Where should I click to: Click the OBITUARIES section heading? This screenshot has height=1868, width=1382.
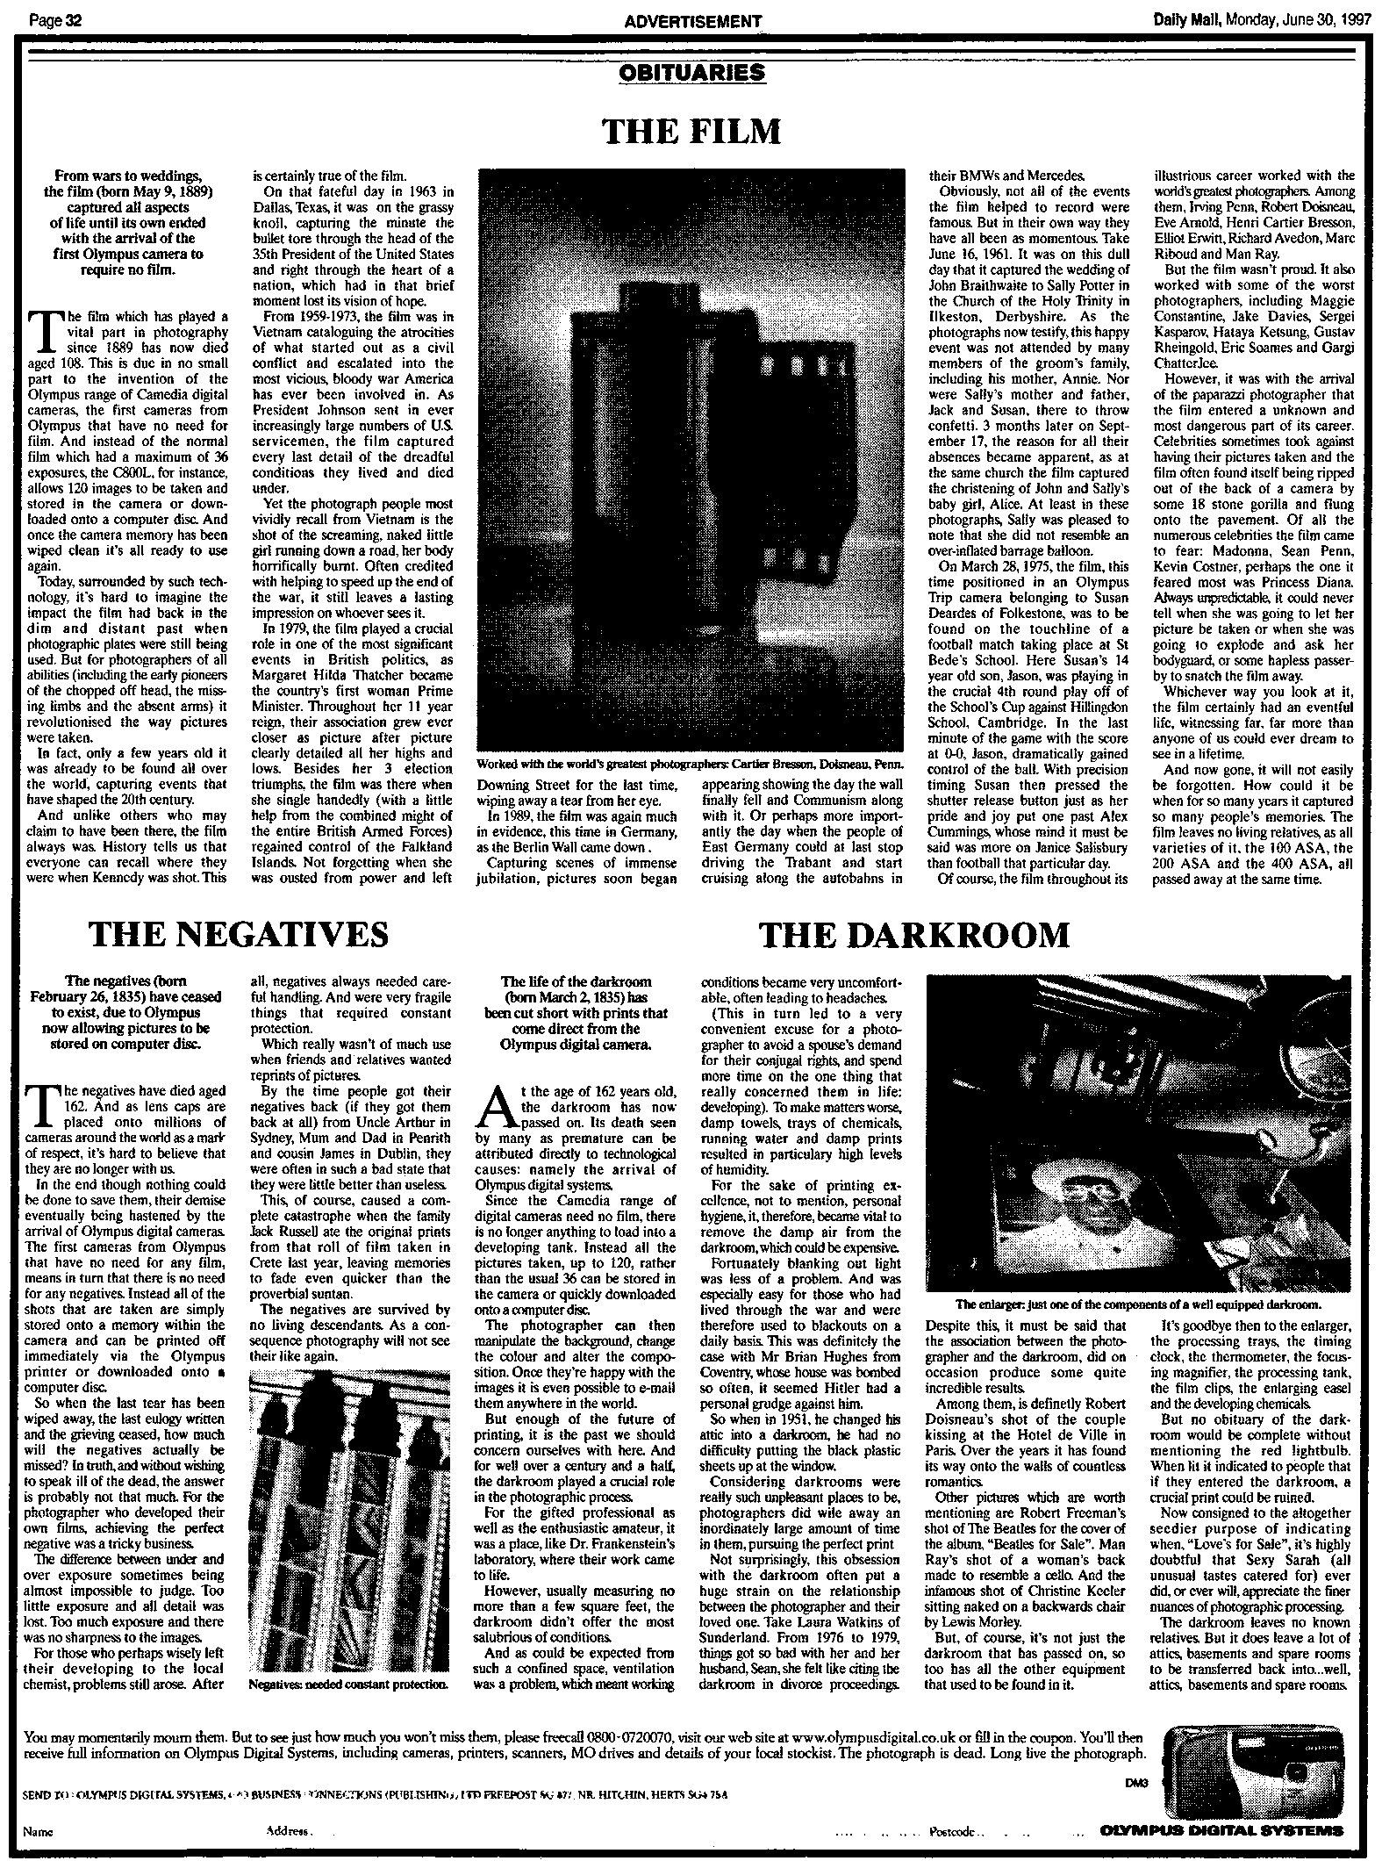tap(691, 72)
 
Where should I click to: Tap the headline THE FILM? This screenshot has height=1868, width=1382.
tap(691, 132)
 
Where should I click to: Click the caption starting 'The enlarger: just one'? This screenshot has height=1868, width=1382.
tap(1139, 1305)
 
